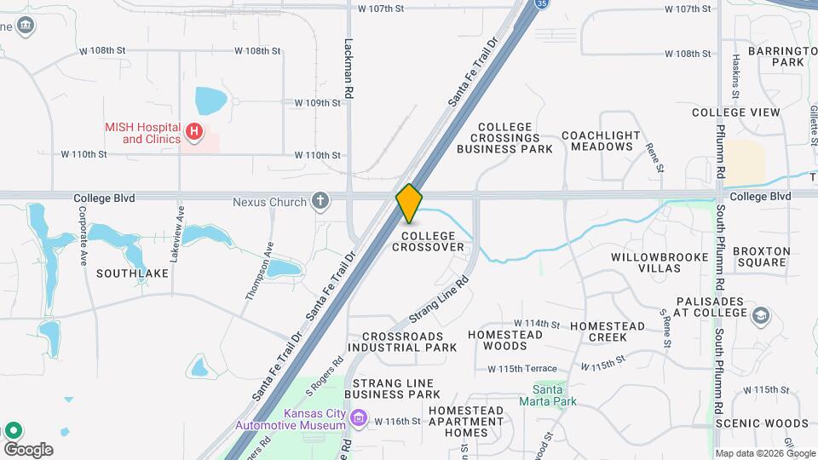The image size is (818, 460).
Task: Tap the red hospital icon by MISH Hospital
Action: point(194,131)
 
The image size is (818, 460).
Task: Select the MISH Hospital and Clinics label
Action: point(143,132)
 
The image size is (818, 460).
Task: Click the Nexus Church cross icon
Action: point(320,201)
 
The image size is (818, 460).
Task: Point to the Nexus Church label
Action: point(269,202)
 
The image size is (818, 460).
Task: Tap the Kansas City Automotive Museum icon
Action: point(359,417)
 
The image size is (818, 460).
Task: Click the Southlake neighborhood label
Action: point(132,273)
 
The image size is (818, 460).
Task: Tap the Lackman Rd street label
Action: point(348,60)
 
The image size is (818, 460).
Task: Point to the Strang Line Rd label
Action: point(440,299)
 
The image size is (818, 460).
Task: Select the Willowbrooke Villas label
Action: point(647,262)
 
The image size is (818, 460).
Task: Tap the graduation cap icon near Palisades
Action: point(760,317)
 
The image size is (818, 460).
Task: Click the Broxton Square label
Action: point(763,256)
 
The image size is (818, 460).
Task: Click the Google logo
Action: point(28,449)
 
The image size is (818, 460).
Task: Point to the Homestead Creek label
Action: point(608,331)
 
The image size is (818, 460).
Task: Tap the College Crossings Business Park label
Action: point(504,138)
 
